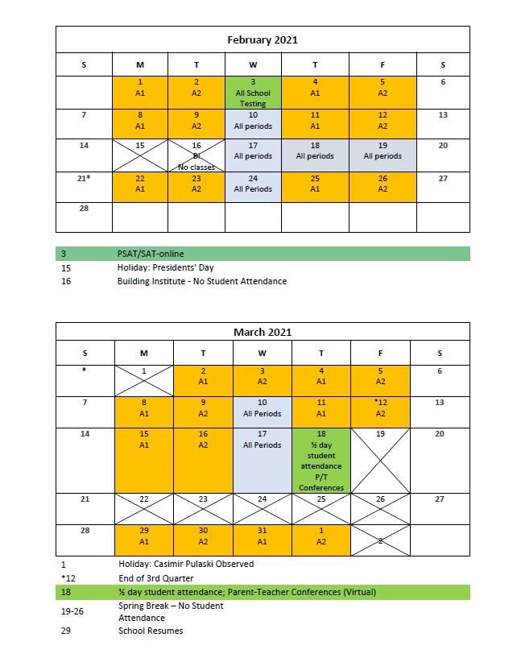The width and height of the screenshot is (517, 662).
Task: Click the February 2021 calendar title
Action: (x=263, y=39)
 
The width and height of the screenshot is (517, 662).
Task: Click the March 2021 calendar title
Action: (x=263, y=332)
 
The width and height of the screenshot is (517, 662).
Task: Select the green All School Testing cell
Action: (x=253, y=93)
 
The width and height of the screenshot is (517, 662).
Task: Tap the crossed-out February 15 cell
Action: (x=140, y=155)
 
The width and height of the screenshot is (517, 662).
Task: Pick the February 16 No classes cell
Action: (x=197, y=155)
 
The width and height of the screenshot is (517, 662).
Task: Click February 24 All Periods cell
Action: (x=253, y=186)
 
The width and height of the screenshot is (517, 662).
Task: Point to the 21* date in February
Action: (x=85, y=178)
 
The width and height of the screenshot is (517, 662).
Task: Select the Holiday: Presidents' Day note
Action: (x=165, y=267)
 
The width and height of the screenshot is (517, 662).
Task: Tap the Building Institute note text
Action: (x=201, y=281)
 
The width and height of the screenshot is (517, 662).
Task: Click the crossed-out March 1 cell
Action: (x=144, y=380)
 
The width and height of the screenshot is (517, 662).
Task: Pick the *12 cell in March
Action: (x=380, y=412)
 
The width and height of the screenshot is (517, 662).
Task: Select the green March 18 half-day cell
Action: (x=321, y=460)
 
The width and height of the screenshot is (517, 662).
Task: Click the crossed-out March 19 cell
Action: (x=380, y=460)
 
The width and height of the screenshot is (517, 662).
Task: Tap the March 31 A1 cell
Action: (x=263, y=540)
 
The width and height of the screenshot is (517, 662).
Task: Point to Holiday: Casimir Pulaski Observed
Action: (x=186, y=564)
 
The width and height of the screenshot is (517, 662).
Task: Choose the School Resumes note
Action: (x=151, y=631)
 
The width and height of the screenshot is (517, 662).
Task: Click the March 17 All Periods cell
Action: (x=263, y=460)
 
